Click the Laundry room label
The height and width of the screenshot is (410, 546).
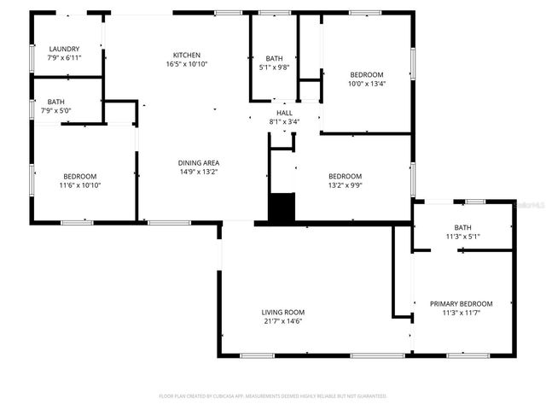tap(64, 49)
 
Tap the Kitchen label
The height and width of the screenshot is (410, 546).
tap(187, 55)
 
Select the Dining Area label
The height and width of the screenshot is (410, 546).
tap(199, 162)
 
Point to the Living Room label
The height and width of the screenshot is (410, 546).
tap(283, 312)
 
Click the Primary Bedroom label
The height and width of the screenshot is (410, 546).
tap(461, 304)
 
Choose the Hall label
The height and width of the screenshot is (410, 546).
tap(284, 112)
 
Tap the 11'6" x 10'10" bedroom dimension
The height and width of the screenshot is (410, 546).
tap(80, 185)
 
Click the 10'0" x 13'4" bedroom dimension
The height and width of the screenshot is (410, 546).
tap(366, 84)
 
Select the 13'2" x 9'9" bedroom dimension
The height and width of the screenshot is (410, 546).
tap(351, 185)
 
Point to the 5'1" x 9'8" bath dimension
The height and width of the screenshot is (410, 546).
tap(275, 67)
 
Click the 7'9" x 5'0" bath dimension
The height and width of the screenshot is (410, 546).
tap(55, 110)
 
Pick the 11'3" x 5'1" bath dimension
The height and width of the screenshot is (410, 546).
tap(463, 237)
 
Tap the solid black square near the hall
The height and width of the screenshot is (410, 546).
tap(282, 208)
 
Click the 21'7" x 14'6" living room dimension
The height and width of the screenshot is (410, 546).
tap(283, 321)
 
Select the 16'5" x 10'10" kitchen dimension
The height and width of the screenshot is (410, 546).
tap(187, 64)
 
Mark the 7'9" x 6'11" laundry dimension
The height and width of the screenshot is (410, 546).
tap(64, 58)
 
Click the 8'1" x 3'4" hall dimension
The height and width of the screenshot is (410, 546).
tap(284, 121)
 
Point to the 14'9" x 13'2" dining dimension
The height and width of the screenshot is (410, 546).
tap(199, 172)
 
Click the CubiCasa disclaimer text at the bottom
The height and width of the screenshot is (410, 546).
tap(273, 396)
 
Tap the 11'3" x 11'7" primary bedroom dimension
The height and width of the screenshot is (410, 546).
tap(461, 313)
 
